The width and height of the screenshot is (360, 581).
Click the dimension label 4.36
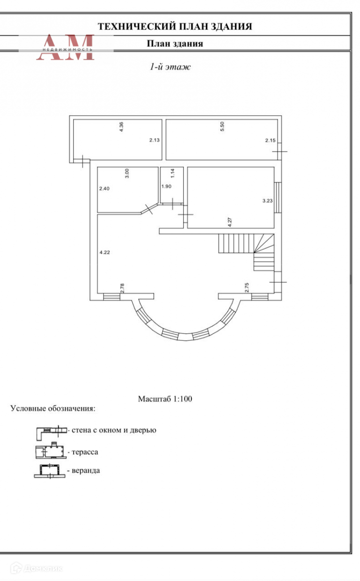(122, 127)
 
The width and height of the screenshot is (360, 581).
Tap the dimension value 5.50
(222, 127)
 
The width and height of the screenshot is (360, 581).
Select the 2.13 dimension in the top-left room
(154, 140)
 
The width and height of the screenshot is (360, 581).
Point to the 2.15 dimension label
(270, 140)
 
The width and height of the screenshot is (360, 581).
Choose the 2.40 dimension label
(105, 189)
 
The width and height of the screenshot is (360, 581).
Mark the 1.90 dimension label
(166, 187)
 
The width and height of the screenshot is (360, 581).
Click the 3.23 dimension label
(267, 200)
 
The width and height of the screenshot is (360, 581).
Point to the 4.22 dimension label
(105, 252)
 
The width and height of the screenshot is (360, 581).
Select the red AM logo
(65, 47)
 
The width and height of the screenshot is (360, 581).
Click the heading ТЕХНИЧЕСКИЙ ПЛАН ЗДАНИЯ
(175, 27)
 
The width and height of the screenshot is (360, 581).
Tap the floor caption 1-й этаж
(170, 67)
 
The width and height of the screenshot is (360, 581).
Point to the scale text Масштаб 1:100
(166, 399)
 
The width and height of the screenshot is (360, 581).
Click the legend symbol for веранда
(49, 471)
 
